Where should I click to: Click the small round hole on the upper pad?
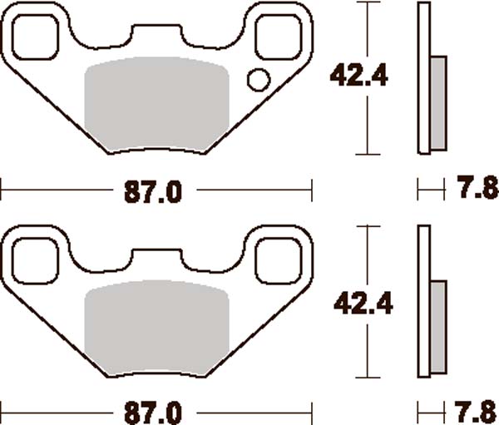click(x=259, y=81)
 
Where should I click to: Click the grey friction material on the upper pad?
click(x=157, y=104)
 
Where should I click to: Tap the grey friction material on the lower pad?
click(x=157, y=326)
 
